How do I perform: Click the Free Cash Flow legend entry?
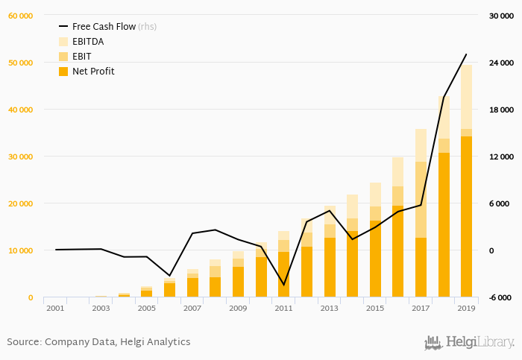pyautogui.click(x=104, y=26)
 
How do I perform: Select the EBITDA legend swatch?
pyautogui.click(x=63, y=42)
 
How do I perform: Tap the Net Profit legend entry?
pyautogui.click(x=93, y=72)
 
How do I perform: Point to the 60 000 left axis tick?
pyautogui.click(x=20, y=16)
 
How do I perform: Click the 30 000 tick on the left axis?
pyautogui.click(x=20, y=157)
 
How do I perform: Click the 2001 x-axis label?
pyautogui.click(x=56, y=308)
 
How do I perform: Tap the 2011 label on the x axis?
pyautogui.click(x=283, y=308)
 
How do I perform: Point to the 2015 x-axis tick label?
pyautogui.click(x=375, y=308)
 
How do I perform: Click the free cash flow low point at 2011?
pyautogui.click(x=283, y=285)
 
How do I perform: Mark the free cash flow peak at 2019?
pyautogui.click(x=466, y=54)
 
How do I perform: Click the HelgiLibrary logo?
pyautogui.click(x=469, y=343)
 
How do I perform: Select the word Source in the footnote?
pyautogui.click(x=23, y=342)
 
